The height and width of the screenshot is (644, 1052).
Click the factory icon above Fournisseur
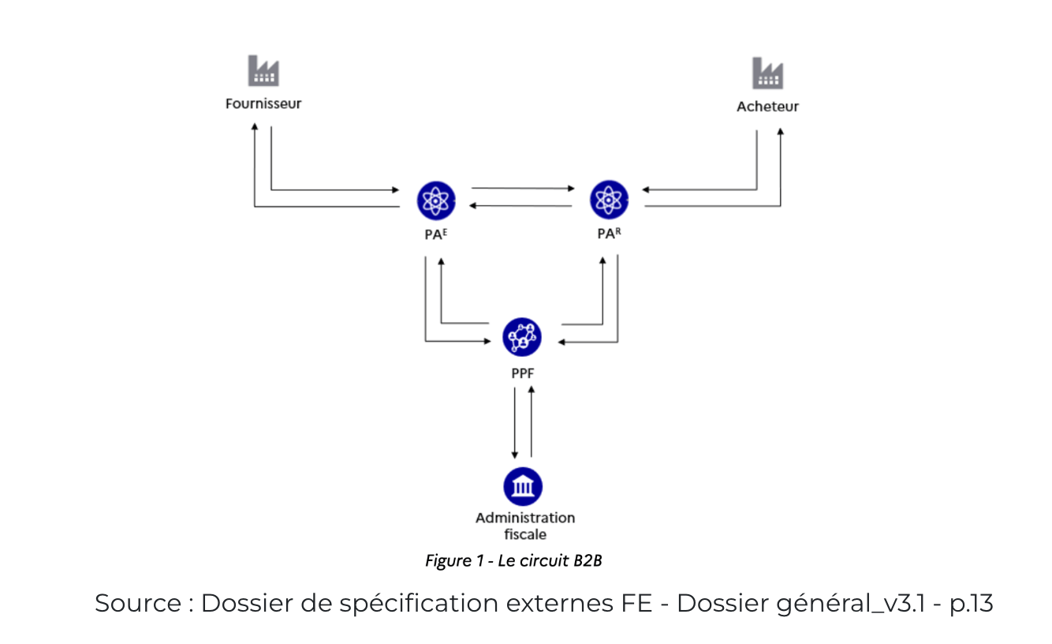click(x=263, y=71)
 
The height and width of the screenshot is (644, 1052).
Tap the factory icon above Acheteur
click(x=767, y=73)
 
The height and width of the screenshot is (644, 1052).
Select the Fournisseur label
click(x=263, y=103)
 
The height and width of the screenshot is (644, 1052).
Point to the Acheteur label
click(x=767, y=107)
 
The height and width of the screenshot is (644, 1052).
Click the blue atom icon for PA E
click(x=436, y=200)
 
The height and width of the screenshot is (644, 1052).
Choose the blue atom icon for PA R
click(x=609, y=200)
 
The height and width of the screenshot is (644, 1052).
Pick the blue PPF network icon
click(x=522, y=337)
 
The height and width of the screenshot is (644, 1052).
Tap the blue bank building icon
click(x=522, y=486)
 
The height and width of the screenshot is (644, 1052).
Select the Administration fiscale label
click(x=525, y=526)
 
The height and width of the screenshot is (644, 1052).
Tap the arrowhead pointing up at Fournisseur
click(x=254, y=127)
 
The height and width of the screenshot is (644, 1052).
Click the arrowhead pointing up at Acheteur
click(x=781, y=131)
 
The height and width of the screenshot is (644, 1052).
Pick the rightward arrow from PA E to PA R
click(x=522, y=189)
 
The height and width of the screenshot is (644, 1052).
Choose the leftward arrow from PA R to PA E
click(x=522, y=206)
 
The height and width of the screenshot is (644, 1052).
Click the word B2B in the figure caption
click(x=588, y=560)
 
